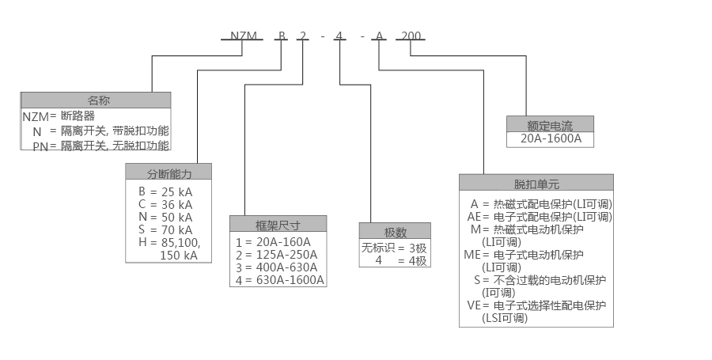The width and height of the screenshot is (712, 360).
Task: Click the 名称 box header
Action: [96, 100]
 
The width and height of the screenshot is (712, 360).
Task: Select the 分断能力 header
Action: [169, 172]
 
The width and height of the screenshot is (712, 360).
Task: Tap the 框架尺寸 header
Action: [278, 223]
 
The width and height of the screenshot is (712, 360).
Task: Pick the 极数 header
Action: [395, 231]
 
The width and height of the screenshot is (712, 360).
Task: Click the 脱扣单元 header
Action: [536, 183]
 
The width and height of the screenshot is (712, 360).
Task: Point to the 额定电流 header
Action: [549, 124]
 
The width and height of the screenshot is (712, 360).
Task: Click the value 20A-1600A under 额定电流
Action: [549, 138]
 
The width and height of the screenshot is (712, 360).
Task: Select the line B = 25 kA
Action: [165, 191]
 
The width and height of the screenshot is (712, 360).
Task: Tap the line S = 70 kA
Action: [165, 229]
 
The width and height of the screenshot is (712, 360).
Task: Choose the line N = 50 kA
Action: [165, 217]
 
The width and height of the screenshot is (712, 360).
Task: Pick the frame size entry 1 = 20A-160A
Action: [273, 241]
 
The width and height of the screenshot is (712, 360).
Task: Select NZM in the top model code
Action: [244, 36]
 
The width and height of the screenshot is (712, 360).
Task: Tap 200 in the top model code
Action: [411, 36]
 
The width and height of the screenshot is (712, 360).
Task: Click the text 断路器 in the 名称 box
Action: [77, 116]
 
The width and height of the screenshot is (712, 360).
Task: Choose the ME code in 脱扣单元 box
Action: [473, 254]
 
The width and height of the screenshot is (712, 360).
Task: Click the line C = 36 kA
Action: [165, 204]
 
